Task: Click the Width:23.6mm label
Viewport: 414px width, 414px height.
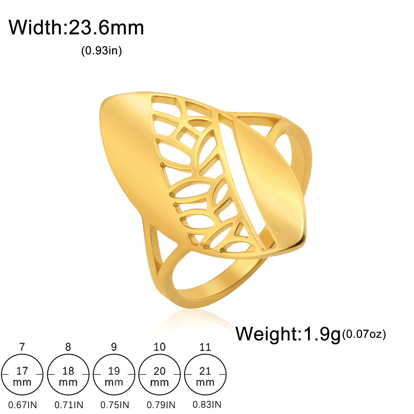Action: pyautogui.click(x=76, y=27)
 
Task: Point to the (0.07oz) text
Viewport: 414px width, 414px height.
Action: pyautogui.click(x=364, y=334)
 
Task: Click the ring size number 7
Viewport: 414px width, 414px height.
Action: pyautogui.click(x=22, y=347)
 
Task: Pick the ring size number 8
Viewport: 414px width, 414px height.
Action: pyautogui.click(x=68, y=347)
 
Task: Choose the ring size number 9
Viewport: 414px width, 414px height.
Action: pyautogui.click(x=114, y=347)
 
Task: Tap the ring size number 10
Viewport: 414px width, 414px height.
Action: pyautogui.click(x=159, y=347)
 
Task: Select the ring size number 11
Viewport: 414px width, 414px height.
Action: pyautogui.click(x=205, y=347)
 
